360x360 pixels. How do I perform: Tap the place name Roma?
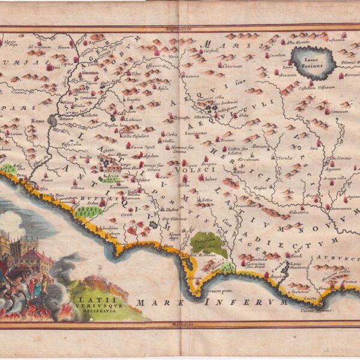[x=37, y=121]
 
